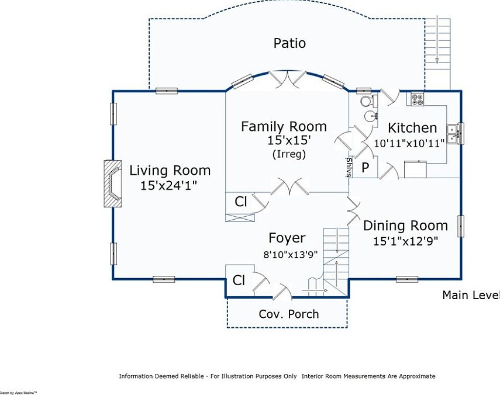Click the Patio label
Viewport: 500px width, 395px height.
pos(289,43)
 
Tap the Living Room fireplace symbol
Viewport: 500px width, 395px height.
pos(111,183)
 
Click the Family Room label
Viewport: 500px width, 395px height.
pos(284,126)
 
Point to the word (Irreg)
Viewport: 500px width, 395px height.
pos(289,154)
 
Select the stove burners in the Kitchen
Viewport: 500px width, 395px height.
pos(418,99)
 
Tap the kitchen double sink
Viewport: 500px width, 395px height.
pos(453,134)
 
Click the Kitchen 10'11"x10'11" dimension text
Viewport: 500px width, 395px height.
pos(409,141)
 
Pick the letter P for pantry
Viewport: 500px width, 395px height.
pos(365,168)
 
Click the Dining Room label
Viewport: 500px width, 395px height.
pos(405,226)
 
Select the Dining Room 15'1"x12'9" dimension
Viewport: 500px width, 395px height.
pos(405,240)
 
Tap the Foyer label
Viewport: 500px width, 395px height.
pos(287,238)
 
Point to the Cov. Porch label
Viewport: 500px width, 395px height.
pos(289,314)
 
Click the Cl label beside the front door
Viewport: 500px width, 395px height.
pos(239,280)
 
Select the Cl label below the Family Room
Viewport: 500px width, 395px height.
pos(241,202)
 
